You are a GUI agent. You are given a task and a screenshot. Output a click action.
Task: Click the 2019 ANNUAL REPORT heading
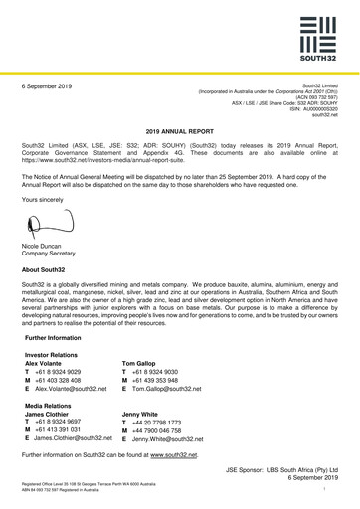[x=180, y=130]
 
